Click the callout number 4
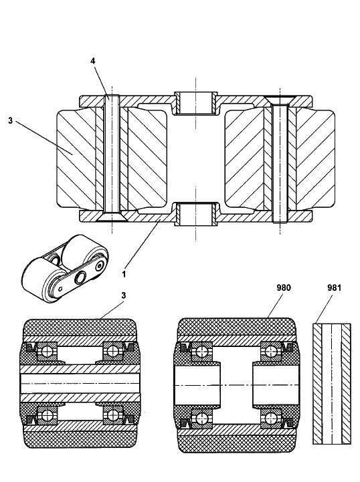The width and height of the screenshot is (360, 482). pyautogui.click(x=93, y=61)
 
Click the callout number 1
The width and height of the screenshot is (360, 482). pyautogui.click(x=124, y=274)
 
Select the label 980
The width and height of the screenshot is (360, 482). pyautogui.click(x=284, y=287)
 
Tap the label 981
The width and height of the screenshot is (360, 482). pyautogui.click(x=335, y=287)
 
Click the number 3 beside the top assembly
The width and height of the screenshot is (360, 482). pyautogui.click(x=11, y=120)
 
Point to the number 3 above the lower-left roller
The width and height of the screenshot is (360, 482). pyautogui.click(x=123, y=295)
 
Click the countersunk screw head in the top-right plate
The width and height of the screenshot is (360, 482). pyautogui.click(x=280, y=100)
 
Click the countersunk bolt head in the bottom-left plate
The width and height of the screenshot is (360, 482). pyautogui.click(x=112, y=217)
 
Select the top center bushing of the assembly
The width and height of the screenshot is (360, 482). pyautogui.click(x=195, y=103)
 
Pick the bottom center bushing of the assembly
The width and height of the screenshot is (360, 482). pyautogui.click(x=195, y=214)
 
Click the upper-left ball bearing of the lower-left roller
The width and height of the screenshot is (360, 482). pyautogui.click(x=47, y=352)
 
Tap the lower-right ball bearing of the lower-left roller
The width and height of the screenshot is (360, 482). pyautogui.click(x=112, y=415)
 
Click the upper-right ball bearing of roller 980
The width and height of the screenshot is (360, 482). pyautogui.click(x=271, y=352)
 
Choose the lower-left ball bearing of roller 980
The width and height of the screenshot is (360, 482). pyautogui.click(x=201, y=418)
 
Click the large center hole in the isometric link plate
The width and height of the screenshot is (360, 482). pyautogui.click(x=80, y=278)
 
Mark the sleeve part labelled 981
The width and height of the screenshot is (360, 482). pyautogui.click(x=332, y=384)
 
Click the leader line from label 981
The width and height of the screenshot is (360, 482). pyautogui.click(x=323, y=309)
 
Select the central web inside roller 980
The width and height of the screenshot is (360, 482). pyautogui.click(x=237, y=385)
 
